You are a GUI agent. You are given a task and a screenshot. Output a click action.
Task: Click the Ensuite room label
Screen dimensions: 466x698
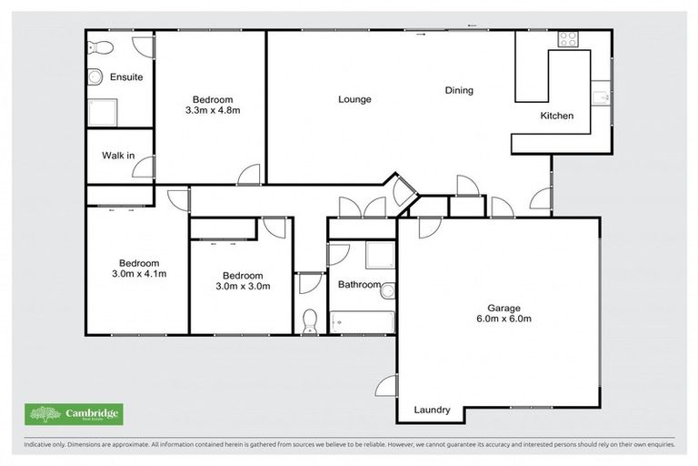(126, 77)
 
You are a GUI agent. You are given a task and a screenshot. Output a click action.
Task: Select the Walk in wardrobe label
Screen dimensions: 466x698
(118, 156)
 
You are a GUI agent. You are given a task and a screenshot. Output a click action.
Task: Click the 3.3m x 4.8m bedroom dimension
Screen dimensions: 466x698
(212, 111)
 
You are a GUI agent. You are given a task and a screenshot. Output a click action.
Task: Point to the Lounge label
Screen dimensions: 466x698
(354, 99)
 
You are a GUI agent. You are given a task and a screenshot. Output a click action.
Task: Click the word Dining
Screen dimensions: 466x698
(459, 90)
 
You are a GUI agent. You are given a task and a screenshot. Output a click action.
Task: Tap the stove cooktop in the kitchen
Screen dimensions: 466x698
(568, 39)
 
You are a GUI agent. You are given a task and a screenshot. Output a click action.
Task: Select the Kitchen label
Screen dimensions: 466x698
(557, 116)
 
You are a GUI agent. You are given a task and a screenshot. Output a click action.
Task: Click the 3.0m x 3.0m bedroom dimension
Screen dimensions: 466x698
(243, 287)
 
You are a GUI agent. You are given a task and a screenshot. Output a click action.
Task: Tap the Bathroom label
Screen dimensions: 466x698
(359, 285)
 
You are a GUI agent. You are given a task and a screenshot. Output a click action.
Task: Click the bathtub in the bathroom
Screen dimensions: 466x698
(362, 321)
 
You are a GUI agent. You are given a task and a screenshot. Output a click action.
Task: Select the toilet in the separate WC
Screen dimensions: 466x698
(309, 320)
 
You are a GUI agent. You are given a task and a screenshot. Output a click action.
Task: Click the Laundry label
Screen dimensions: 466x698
(432, 410)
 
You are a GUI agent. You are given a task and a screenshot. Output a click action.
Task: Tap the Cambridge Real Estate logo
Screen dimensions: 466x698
(74, 415)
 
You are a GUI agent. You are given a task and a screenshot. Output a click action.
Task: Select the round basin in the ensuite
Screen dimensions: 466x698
(95, 78)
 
